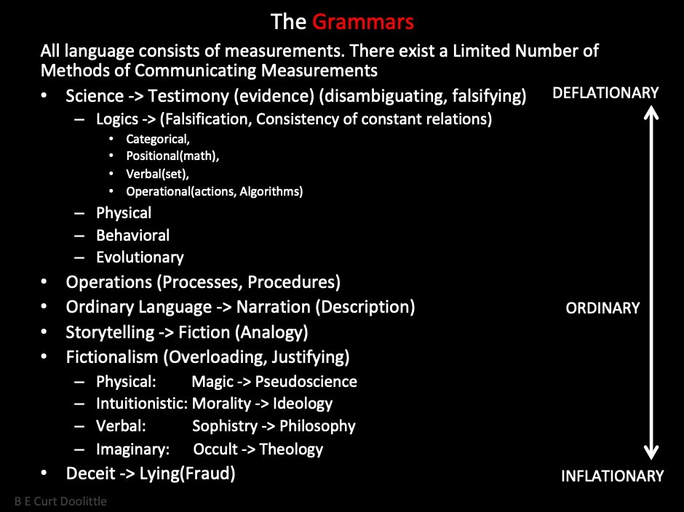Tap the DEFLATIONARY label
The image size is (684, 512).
[x=605, y=93]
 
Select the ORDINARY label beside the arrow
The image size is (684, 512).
[x=603, y=308]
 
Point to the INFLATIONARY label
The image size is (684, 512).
[x=612, y=476]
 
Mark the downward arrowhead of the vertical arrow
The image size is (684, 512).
[x=651, y=452]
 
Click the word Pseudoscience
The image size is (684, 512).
[x=306, y=382]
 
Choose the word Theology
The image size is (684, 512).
[x=291, y=449]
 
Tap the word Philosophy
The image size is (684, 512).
[x=317, y=426]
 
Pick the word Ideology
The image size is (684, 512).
[x=303, y=404]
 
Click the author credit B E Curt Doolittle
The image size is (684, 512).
[x=60, y=501]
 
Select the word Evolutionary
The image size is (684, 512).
[x=140, y=257]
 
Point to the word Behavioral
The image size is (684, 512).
[x=133, y=236]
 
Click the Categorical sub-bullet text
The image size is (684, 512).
[x=158, y=139]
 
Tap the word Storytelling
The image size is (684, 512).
[x=110, y=332]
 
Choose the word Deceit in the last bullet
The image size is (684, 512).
[x=90, y=473]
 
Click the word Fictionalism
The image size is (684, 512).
[x=111, y=357]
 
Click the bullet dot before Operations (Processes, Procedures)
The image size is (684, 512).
[x=44, y=281]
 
